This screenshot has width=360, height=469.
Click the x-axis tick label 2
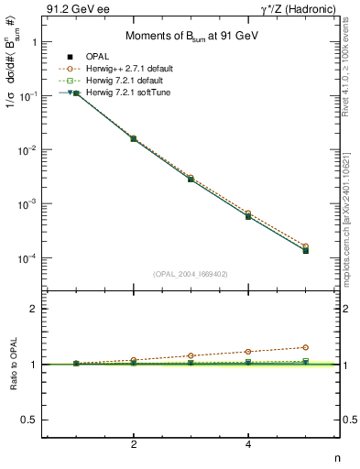134,444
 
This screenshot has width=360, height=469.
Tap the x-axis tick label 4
248,444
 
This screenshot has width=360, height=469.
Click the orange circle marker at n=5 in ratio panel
306,347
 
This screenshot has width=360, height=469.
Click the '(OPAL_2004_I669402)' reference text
190,273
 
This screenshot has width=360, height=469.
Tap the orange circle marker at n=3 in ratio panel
191,355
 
